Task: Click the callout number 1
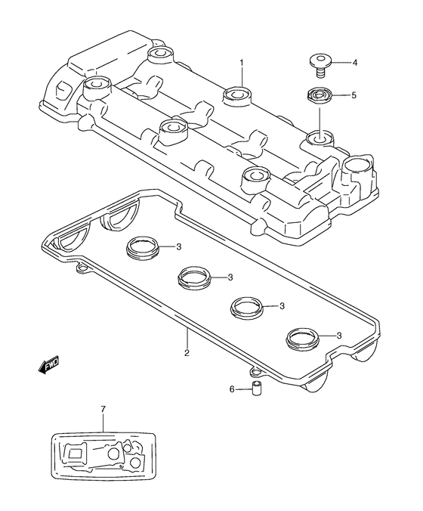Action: coord(242,62)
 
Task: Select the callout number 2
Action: coord(187,352)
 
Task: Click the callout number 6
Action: coord(232,389)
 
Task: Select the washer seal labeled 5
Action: coord(319,95)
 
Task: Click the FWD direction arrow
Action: coord(48,364)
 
